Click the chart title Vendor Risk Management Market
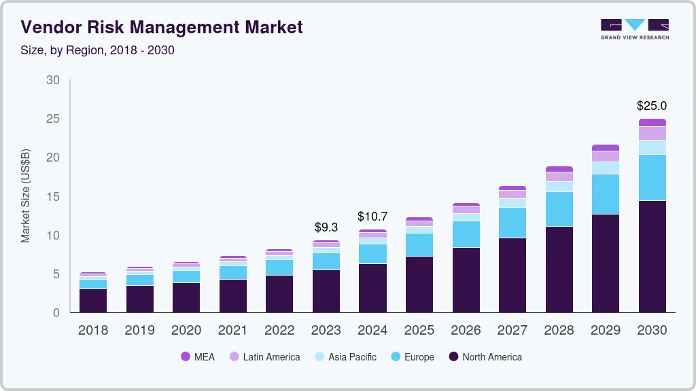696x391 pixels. pyautogui.click(x=162, y=27)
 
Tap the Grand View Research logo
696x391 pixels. pyautogui.click(x=634, y=29)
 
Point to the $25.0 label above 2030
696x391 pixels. pyautogui.click(x=651, y=106)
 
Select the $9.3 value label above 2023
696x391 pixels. pyautogui.click(x=326, y=227)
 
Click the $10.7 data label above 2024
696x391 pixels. pyautogui.click(x=372, y=217)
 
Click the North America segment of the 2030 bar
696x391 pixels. pyautogui.click(x=652, y=256)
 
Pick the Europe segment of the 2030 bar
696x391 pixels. pyautogui.click(x=652, y=177)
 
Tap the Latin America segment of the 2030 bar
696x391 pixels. pyautogui.click(x=652, y=133)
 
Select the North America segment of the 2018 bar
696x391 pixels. pyautogui.click(x=93, y=300)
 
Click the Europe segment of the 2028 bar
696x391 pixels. pyautogui.click(x=559, y=209)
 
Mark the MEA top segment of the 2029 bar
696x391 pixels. pyautogui.click(x=605, y=147)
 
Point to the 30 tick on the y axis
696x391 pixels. pyautogui.click(x=53, y=80)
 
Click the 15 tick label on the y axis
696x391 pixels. pyautogui.click(x=53, y=197)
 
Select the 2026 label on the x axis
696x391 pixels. pyautogui.click(x=466, y=331)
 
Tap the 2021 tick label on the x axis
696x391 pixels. pyautogui.click(x=233, y=331)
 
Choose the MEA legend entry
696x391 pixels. pyautogui.click(x=198, y=357)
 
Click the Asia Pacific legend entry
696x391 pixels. pyautogui.click(x=345, y=357)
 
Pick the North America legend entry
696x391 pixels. pyautogui.click(x=485, y=357)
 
